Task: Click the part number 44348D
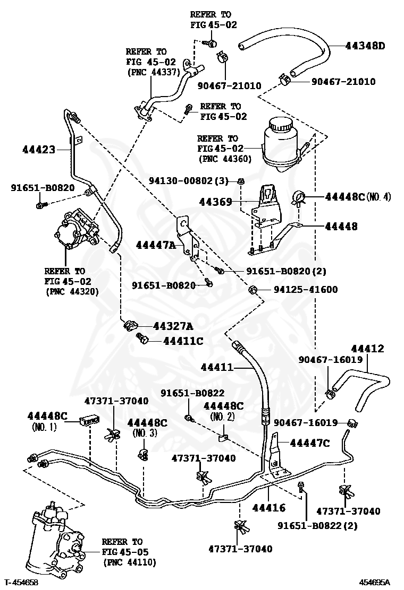[x=365, y=46]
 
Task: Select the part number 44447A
[x=155, y=245]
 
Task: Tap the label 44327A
[x=173, y=326]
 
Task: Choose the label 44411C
[x=183, y=341]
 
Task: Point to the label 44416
[x=268, y=508]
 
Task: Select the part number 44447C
[x=310, y=443]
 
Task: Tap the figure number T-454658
[x=22, y=583]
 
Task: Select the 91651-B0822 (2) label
[x=317, y=526]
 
